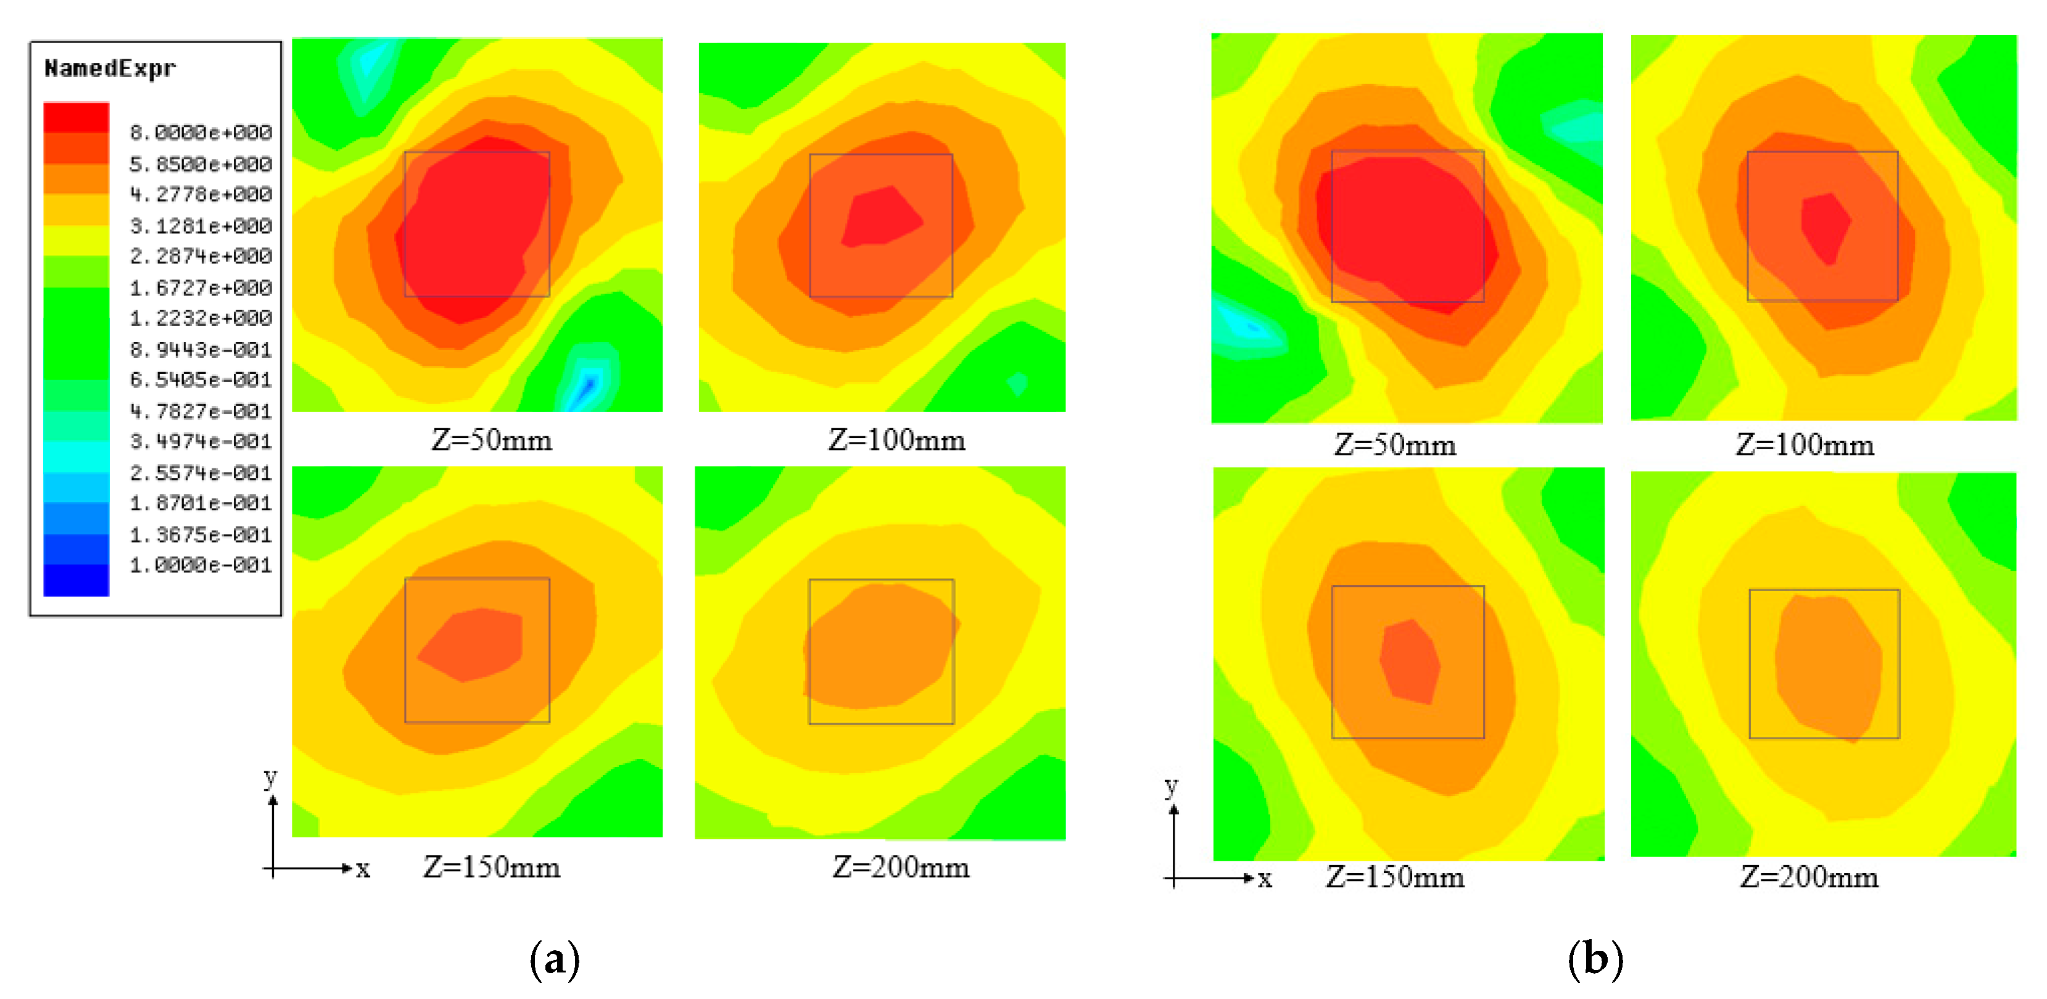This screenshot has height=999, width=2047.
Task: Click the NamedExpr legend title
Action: pyautogui.click(x=110, y=68)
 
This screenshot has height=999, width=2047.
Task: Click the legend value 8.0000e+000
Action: pyautogui.click(x=201, y=132)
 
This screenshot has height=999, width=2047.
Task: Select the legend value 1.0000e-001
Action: pyautogui.click(x=201, y=565)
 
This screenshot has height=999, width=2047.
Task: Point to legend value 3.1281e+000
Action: pyautogui.click(x=201, y=226)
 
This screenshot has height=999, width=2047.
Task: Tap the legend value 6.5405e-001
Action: pyautogui.click(x=201, y=380)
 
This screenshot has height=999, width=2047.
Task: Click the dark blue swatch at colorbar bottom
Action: pyautogui.click(x=77, y=580)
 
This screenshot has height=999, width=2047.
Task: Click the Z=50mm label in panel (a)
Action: pyautogui.click(x=491, y=439)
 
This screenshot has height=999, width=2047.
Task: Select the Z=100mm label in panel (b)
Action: pyautogui.click(x=1804, y=444)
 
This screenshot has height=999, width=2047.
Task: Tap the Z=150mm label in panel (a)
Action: pyautogui.click(x=491, y=866)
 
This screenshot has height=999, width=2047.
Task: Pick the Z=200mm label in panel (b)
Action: pyautogui.click(x=1809, y=877)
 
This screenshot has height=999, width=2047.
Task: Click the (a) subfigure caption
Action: pyautogui.click(x=555, y=960)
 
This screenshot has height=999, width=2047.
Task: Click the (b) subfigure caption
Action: pyautogui.click(x=1595, y=960)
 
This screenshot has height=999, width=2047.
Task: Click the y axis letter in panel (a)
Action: pyautogui.click(x=271, y=776)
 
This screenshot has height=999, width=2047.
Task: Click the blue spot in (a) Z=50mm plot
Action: pyautogui.click(x=588, y=387)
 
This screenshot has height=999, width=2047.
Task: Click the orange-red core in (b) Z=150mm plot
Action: pyautogui.click(x=1410, y=661)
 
